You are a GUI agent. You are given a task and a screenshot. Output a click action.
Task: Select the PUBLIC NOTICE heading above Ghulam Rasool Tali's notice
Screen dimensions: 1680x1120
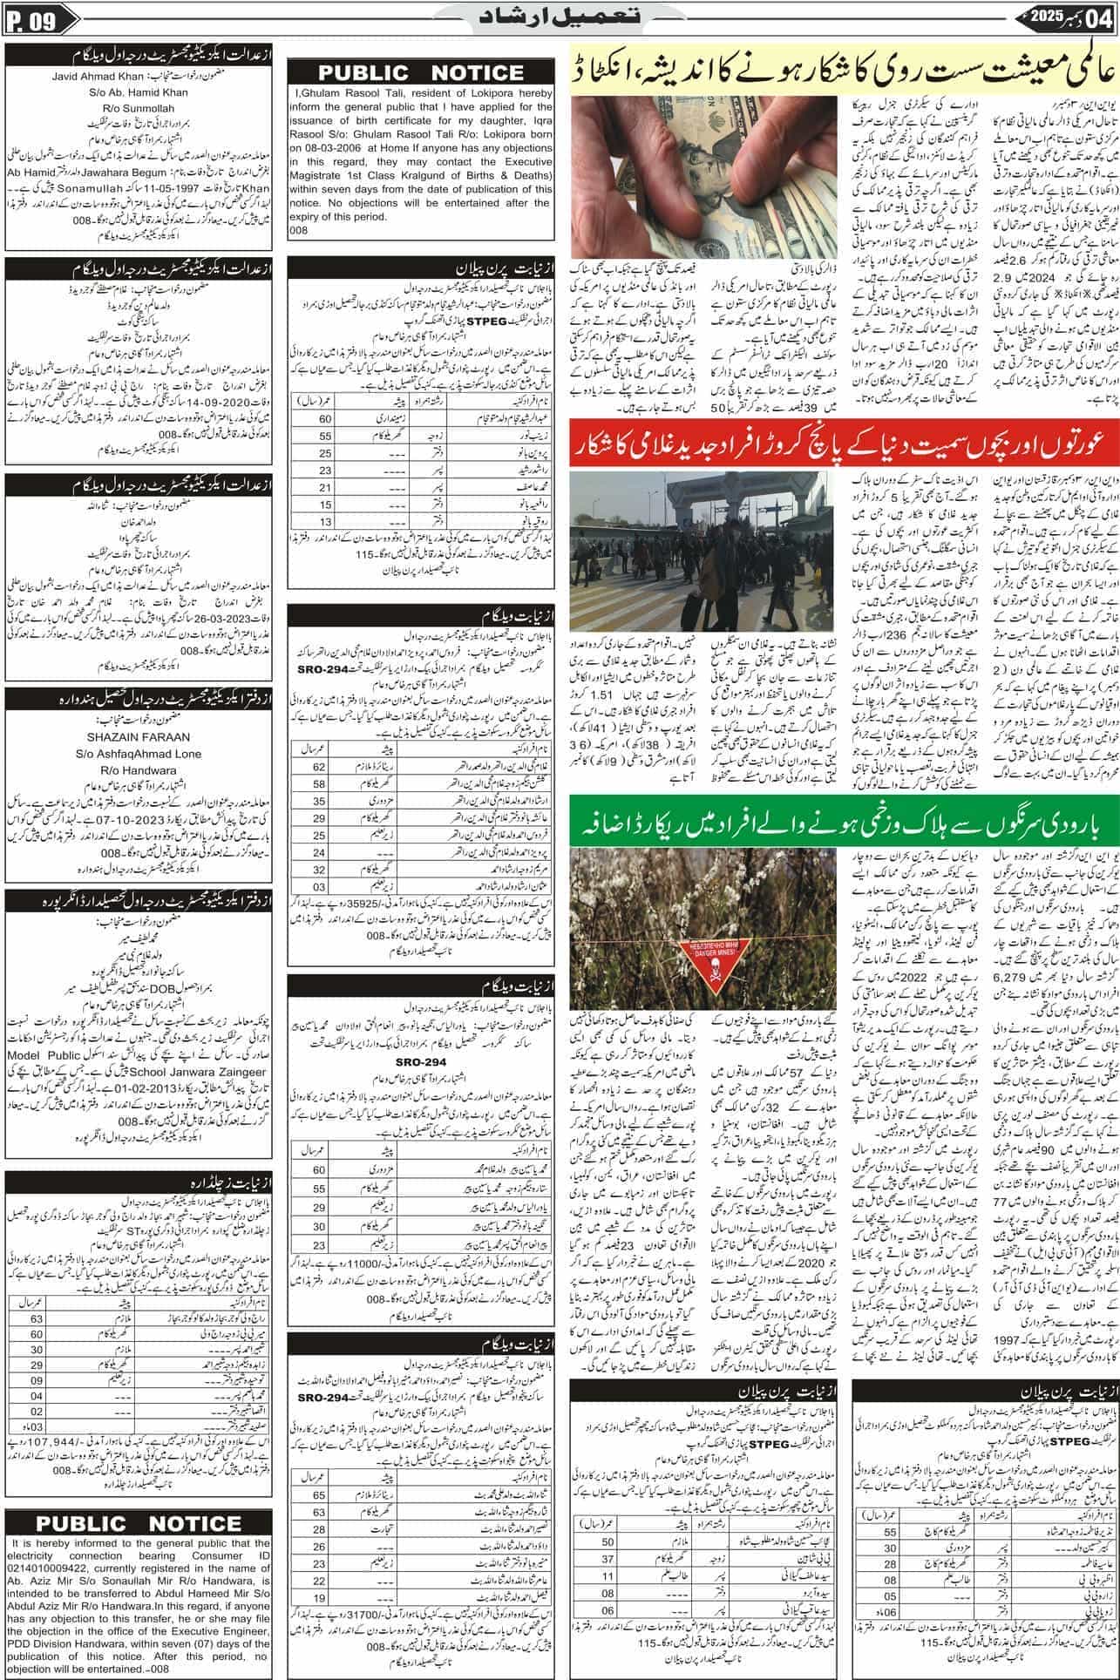pos(424,73)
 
